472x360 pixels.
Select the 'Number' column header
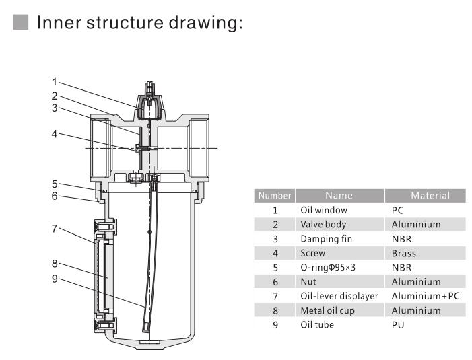(274, 196)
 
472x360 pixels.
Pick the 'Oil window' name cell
(324, 210)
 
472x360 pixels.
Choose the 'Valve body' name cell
(324, 224)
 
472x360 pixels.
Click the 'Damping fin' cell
(327, 239)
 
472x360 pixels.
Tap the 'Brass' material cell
(403, 254)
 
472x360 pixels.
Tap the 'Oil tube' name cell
(316, 325)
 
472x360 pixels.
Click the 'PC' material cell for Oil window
(398, 210)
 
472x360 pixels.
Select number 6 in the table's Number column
(275, 282)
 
